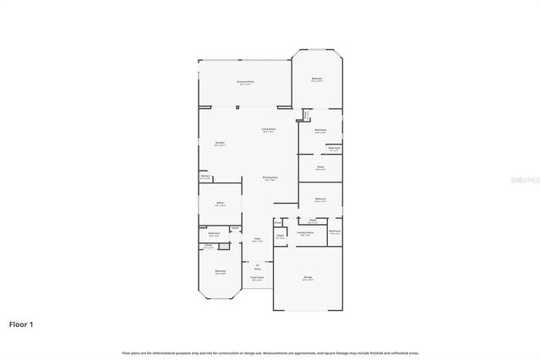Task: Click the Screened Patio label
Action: pyautogui.click(x=245, y=82)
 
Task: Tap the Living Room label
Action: pyautogui.click(x=268, y=130)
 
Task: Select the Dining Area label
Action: pyautogui.click(x=270, y=178)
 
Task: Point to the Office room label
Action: pyautogui.click(x=219, y=204)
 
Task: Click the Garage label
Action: pyautogui.click(x=308, y=278)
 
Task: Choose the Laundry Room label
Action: pyautogui.click(x=306, y=233)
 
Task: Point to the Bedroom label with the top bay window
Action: pyautogui.click(x=316, y=79)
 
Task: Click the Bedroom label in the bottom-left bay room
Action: pyautogui.click(x=220, y=272)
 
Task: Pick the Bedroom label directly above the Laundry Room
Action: pyautogui.click(x=320, y=199)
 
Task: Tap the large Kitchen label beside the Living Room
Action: pyautogui.click(x=220, y=144)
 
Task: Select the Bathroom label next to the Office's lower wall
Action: pyautogui.click(x=215, y=233)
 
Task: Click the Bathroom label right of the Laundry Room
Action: pyautogui.click(x=335, y=232)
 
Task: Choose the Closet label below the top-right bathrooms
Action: pyautogui.click(x=320, y=168)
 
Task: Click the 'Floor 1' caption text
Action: pyautogui.click(x=21, y=323)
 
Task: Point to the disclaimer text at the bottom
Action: pyautogui.click(x=270, y=352)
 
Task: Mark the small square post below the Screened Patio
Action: pyautogui.click(x=238, y=107)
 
